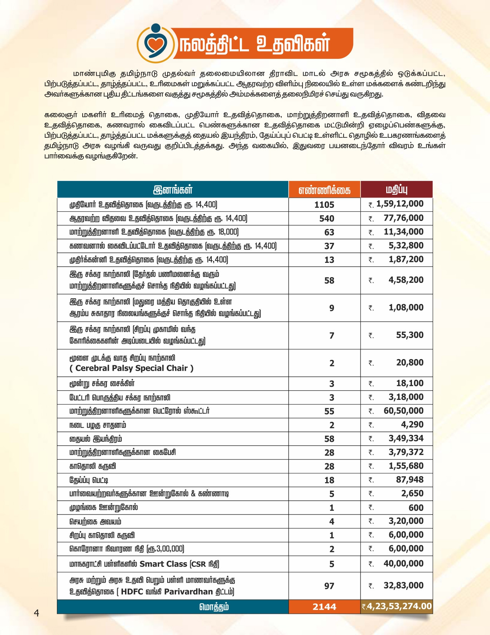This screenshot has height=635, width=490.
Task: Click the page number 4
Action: click(x=37, y=613)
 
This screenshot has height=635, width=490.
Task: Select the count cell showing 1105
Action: click(x=324, y=205)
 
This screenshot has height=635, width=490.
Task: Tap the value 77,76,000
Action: click(x=403, y=218)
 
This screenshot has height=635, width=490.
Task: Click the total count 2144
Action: click(x=324, y=607)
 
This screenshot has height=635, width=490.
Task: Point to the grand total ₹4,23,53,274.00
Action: click(x=397, y=606)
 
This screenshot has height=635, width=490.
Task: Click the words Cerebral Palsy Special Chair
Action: click(x=131, y=368)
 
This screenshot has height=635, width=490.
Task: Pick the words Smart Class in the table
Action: click(x=163, y=564)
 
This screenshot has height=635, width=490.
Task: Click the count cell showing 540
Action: click(x=327, y=219)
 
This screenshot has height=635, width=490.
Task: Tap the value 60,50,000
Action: click(x=403, y=411)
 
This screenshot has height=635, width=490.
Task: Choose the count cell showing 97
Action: click(x=329, y=586)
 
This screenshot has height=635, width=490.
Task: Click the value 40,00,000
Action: click(x=403, y=563)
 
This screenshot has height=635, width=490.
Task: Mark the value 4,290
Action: click(x=412, y=424)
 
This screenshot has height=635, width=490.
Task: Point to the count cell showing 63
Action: click(x=329, y=232)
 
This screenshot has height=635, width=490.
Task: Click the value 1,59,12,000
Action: click(x=400, y=204)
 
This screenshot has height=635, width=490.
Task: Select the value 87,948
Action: click(x=410, y=480)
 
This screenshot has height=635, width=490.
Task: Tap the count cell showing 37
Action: click(x=329, y=246)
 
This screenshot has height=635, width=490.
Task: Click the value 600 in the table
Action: click(x=416, y=508)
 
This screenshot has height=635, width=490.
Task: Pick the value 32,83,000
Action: click(x=403, y=585)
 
